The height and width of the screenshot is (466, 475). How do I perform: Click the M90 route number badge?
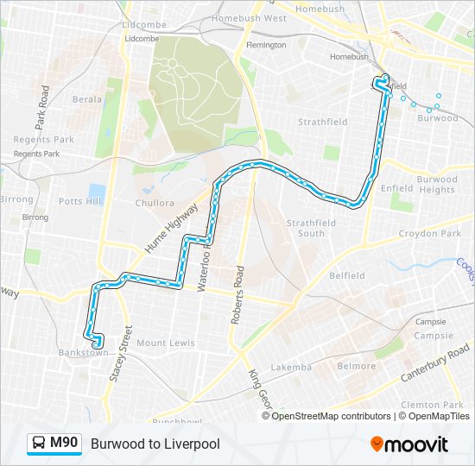click(64, 444)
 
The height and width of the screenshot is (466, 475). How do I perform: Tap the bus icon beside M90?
click(39, 444)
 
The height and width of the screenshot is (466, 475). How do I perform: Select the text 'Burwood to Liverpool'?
click(155, 444)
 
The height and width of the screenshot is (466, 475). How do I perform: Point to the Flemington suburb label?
click(266, 45)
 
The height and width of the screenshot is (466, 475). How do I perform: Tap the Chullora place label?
click(155, 204)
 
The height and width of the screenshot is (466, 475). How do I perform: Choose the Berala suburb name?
click(87, 99)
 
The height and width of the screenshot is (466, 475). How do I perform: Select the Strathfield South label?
click(306, 228)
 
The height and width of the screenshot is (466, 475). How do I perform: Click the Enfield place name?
click(397, 187)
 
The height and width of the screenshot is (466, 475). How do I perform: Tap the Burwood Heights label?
click(436, 185)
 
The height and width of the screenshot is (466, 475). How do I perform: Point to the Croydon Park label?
click(430, 234)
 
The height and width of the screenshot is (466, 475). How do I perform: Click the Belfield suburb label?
click(347, 276)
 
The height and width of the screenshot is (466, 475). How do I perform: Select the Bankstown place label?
click(84, 353)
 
